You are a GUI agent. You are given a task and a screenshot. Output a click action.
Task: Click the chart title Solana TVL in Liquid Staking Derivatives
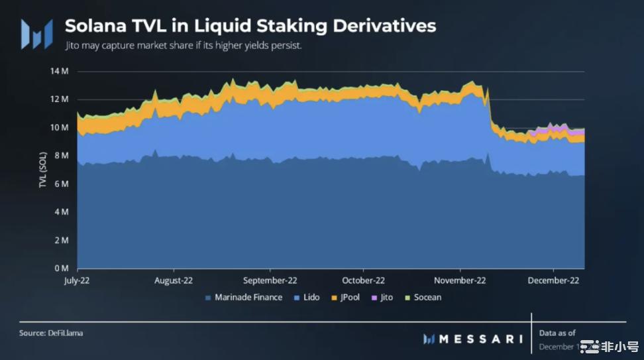250,26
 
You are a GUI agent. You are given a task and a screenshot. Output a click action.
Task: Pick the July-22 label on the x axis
78,280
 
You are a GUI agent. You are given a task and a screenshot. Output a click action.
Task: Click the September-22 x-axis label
270,280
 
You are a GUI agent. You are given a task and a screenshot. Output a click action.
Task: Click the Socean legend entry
424,298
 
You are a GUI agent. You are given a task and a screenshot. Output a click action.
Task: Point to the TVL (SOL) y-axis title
42,170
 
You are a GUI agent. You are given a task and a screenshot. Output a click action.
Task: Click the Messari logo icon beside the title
36,33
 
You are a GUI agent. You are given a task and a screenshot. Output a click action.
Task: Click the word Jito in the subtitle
73,48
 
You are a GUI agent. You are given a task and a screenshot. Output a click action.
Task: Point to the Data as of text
557,333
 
